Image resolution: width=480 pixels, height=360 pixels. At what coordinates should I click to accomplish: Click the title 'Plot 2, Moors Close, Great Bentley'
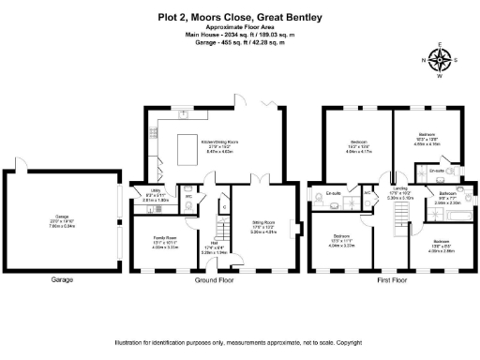pos(239,18)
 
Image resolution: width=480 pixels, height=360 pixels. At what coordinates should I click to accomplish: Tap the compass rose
pos(438,61)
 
